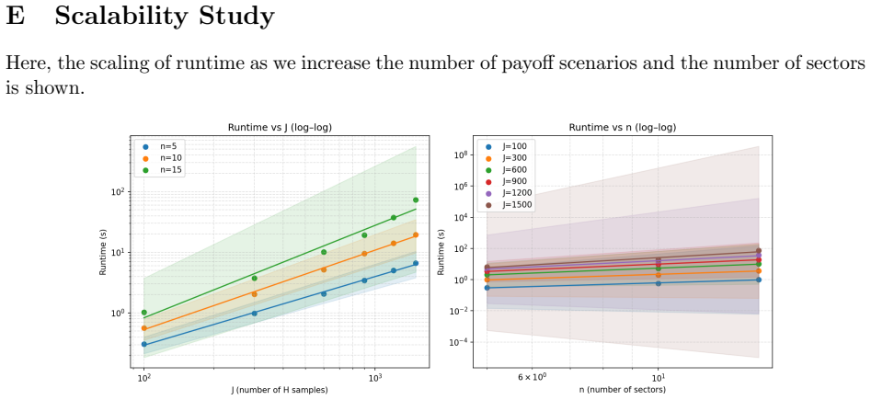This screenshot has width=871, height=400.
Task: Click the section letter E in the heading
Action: tap(16, 17)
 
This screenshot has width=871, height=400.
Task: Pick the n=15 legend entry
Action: tap(161, 169)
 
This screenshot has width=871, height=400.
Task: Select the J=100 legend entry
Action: tap(507, 147)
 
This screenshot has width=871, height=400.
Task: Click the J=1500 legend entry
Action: tap(509, 205)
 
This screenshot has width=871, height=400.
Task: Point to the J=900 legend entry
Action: tap(507, 182)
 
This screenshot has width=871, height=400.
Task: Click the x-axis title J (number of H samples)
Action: tap(280, 390)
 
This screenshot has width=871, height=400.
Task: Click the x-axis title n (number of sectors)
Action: tap(623, 390)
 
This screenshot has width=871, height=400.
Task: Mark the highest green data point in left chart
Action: tap(416, 200)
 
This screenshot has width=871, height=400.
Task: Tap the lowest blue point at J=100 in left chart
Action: tap(144, 345)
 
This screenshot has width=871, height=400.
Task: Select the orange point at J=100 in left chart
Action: tap(144, 328)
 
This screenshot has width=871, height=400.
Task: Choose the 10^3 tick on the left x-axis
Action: tap(375, 378)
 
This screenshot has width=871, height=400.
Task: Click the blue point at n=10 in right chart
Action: tap(659, 283)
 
